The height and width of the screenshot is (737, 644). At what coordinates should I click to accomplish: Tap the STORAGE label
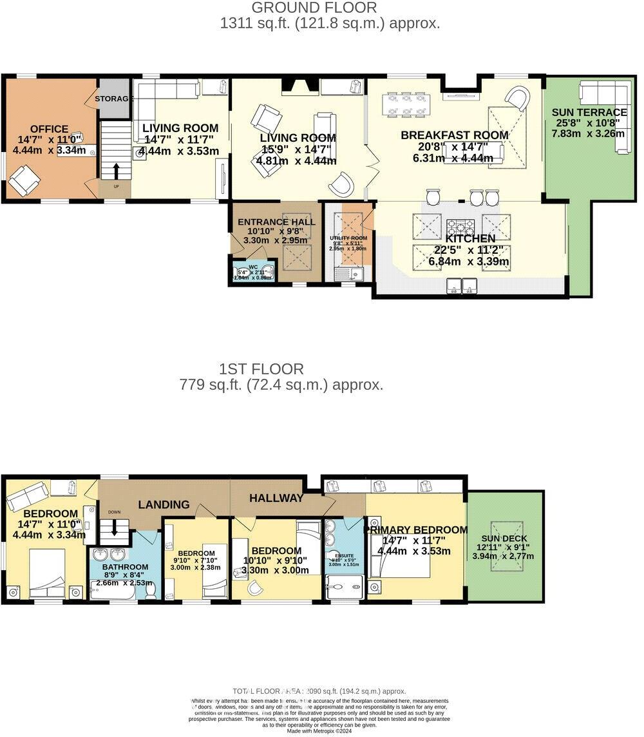(x=114, y=99)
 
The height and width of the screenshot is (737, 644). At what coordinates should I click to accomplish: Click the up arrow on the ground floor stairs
(x=116, y=171)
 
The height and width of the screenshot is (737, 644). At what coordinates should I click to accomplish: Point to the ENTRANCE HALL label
(x=276, y=222)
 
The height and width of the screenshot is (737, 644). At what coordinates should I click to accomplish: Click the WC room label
(x=253, y=266)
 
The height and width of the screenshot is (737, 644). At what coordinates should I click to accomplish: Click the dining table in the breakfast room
(x=406, y=105)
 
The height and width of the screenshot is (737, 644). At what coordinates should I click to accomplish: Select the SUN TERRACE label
(x=589, y=112)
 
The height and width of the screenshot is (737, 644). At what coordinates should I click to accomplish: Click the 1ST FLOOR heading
(x=261, y=369)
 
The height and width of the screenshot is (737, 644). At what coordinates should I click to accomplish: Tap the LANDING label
(x=164, y=504)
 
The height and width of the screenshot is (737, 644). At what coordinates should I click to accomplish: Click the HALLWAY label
(x=276, y=498)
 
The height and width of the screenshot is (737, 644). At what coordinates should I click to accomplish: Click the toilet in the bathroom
(x=151, y=589)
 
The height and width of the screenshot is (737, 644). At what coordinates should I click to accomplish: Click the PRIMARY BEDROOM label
(x=416, y=530)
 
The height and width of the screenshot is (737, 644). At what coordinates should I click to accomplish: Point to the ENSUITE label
(x=343, y=553)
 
